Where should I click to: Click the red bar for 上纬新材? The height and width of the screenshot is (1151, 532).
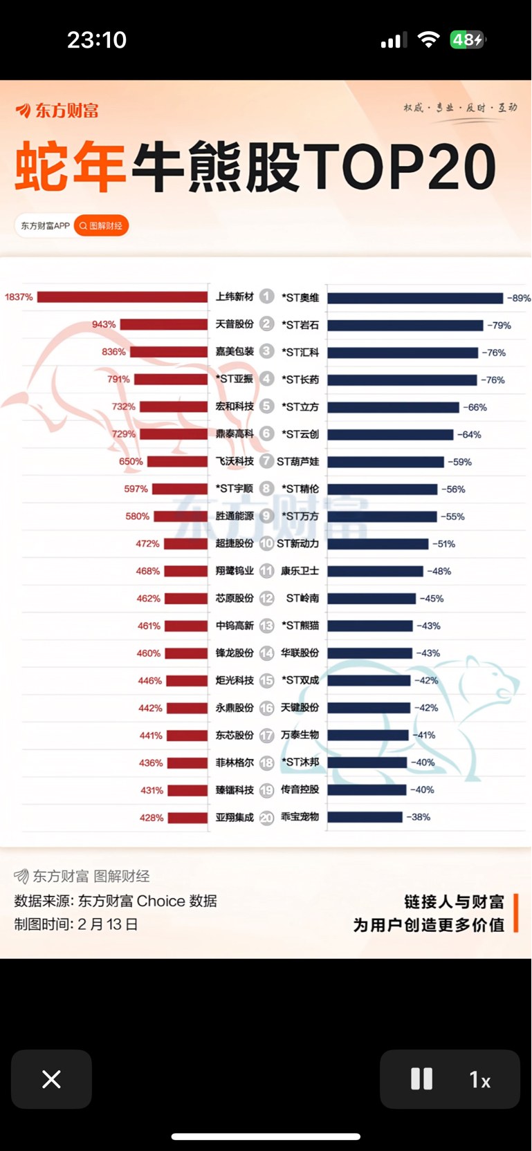pos(122,297)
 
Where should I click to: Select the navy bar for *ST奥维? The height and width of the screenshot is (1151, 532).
pos(415,298)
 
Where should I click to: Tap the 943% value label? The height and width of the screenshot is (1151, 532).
pos(104,324)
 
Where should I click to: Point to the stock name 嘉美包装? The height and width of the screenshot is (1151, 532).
pos(235,351)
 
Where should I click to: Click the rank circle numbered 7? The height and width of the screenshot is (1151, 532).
pos(266,461)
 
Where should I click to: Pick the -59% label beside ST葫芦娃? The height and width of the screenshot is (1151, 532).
pos(459,462)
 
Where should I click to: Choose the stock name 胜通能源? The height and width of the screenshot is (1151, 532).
pos(235,516)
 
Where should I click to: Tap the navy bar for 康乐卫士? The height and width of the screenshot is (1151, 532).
pos(375,571)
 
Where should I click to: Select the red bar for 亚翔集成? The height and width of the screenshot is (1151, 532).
pos(187,818)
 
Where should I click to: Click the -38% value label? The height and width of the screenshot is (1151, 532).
pos(418,817)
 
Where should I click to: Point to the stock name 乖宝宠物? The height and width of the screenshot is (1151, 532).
pos(300,816)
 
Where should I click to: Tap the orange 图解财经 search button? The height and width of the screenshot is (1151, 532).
pos(101,225)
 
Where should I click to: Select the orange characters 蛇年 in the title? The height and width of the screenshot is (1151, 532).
pos(69,167)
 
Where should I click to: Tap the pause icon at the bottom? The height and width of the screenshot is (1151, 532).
pos(421,1079)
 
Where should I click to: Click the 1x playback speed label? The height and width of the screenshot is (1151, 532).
pos(479,1080)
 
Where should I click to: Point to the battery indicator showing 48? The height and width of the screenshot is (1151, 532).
pos(468,40)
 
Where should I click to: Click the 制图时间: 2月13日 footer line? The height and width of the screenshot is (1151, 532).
pos(76,924)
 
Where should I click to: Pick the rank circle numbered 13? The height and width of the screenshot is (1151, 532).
pos(266,626)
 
